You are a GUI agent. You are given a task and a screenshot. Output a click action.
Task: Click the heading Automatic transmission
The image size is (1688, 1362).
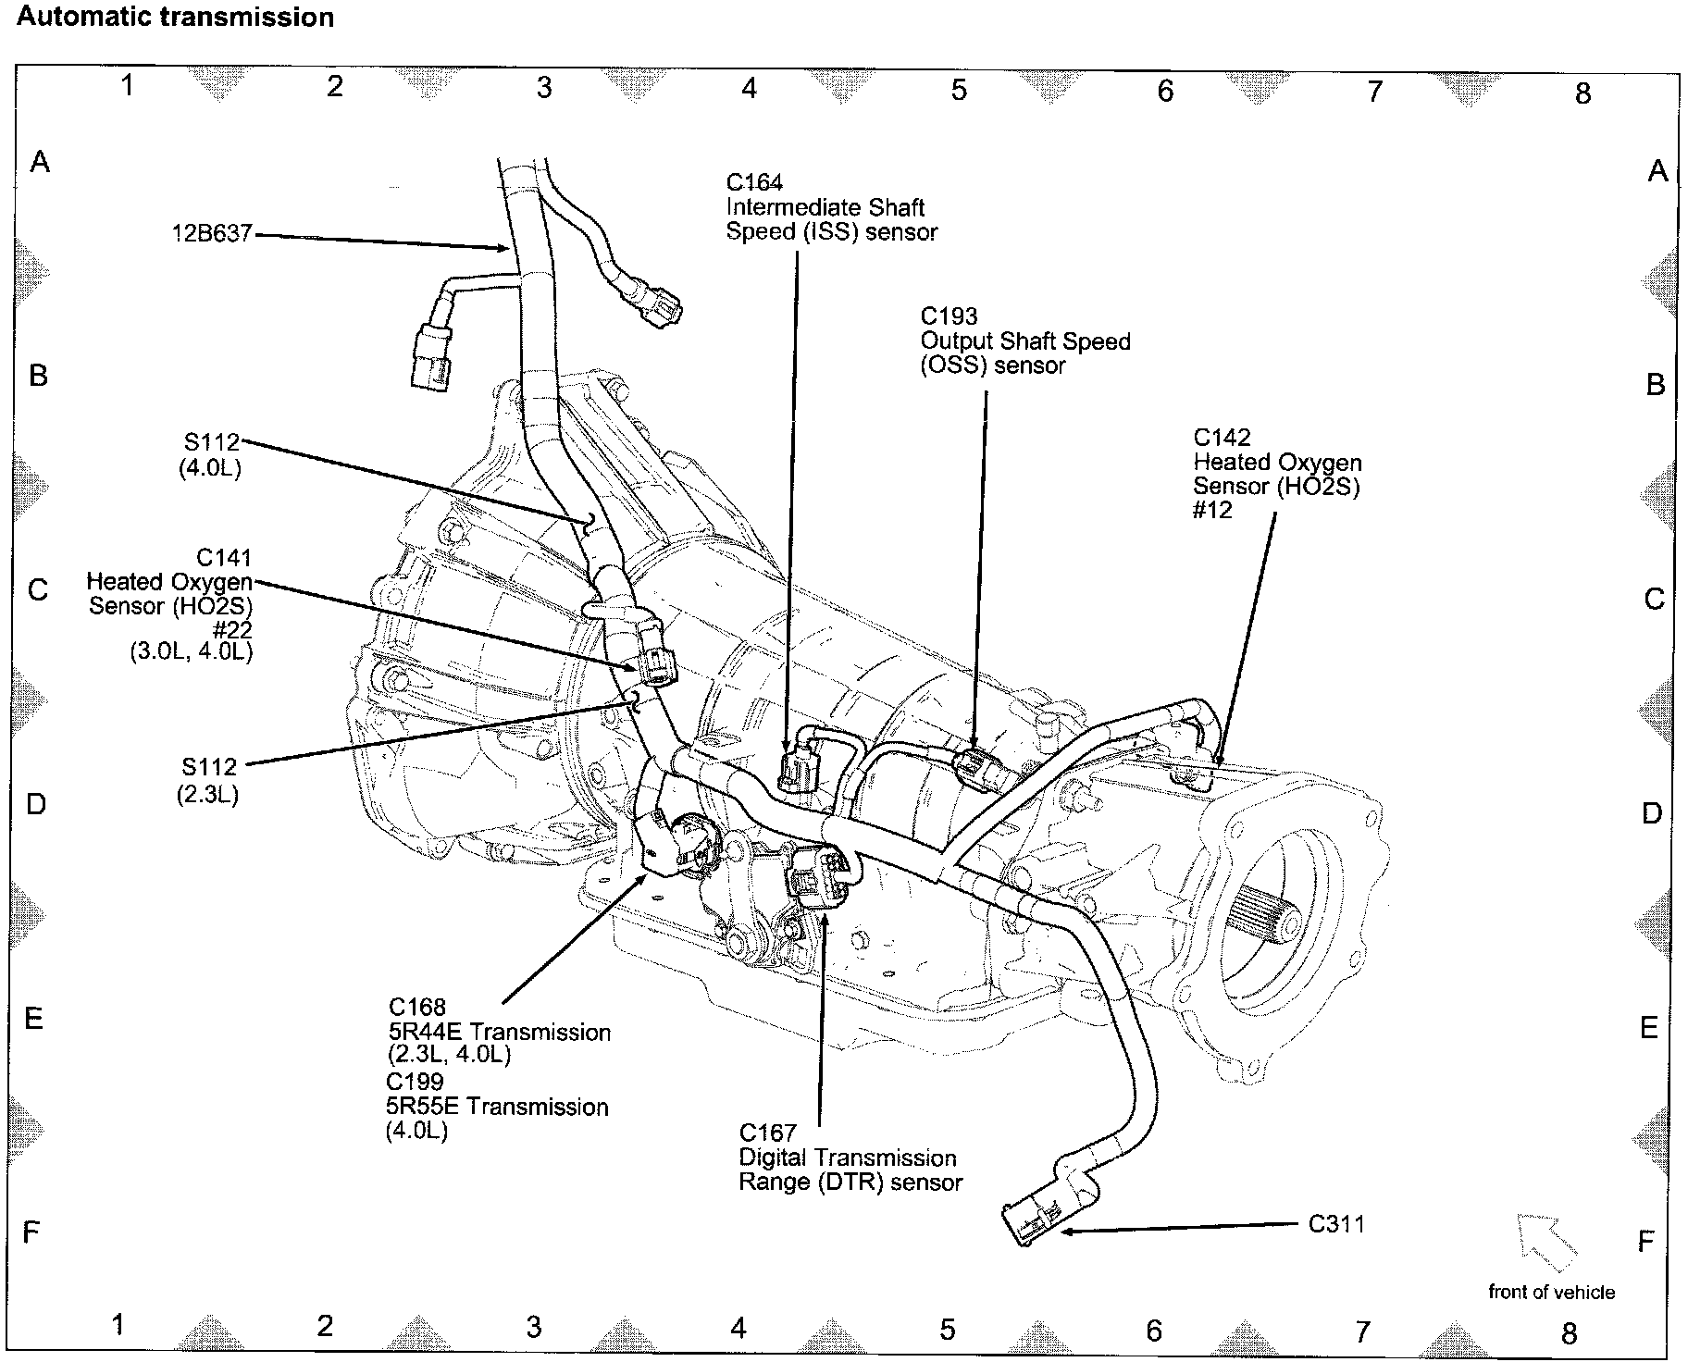[176, 18]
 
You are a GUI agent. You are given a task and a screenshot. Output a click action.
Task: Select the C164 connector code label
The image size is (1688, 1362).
[754, 183]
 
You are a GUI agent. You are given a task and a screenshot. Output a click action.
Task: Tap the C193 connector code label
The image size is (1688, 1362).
[949, 316]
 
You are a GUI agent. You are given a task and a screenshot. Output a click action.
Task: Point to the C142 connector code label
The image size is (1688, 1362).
[1222, 438]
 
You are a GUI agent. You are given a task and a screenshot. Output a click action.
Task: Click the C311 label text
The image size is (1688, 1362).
[1336, 1224]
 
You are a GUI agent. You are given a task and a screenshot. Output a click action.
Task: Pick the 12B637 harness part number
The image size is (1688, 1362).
[212, 234]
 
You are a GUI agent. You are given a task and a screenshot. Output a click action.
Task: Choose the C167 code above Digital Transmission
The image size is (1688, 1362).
[767, 1133]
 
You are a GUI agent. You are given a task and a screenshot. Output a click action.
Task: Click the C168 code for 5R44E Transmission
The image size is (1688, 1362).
[417, 1007]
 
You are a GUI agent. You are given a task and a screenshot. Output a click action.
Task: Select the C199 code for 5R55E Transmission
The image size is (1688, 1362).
[415, 1082]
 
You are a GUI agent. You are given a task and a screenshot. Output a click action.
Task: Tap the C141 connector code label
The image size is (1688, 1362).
[224, 558]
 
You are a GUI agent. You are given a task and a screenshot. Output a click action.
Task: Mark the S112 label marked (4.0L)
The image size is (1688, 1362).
[211, 443]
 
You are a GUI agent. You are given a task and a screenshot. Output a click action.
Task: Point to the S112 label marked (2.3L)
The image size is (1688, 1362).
[209, 767]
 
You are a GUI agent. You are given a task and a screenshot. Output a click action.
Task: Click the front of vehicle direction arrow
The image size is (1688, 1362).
[1545, 1241]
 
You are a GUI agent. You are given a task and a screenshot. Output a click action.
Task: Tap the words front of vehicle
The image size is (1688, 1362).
[1551, 1293]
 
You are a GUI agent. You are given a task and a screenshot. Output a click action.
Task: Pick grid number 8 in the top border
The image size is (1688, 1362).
[1582, 93]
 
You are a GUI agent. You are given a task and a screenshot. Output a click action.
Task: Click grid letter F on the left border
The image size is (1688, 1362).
[31, 1232]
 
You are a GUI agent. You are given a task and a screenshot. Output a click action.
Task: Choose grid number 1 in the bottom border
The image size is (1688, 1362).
[118, 1325]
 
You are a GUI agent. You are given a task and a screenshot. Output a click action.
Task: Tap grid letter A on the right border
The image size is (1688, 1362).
[1657, 171]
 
